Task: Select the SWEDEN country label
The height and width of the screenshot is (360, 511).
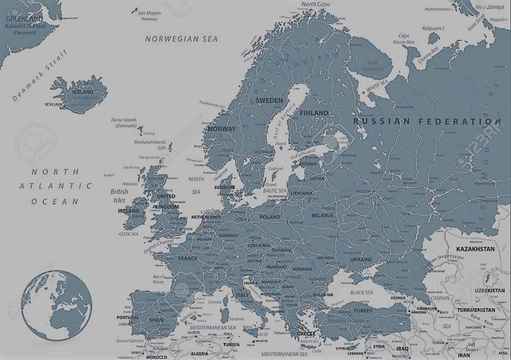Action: tap(269, 101)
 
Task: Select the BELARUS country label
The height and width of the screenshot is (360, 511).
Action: tap(321, 214)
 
